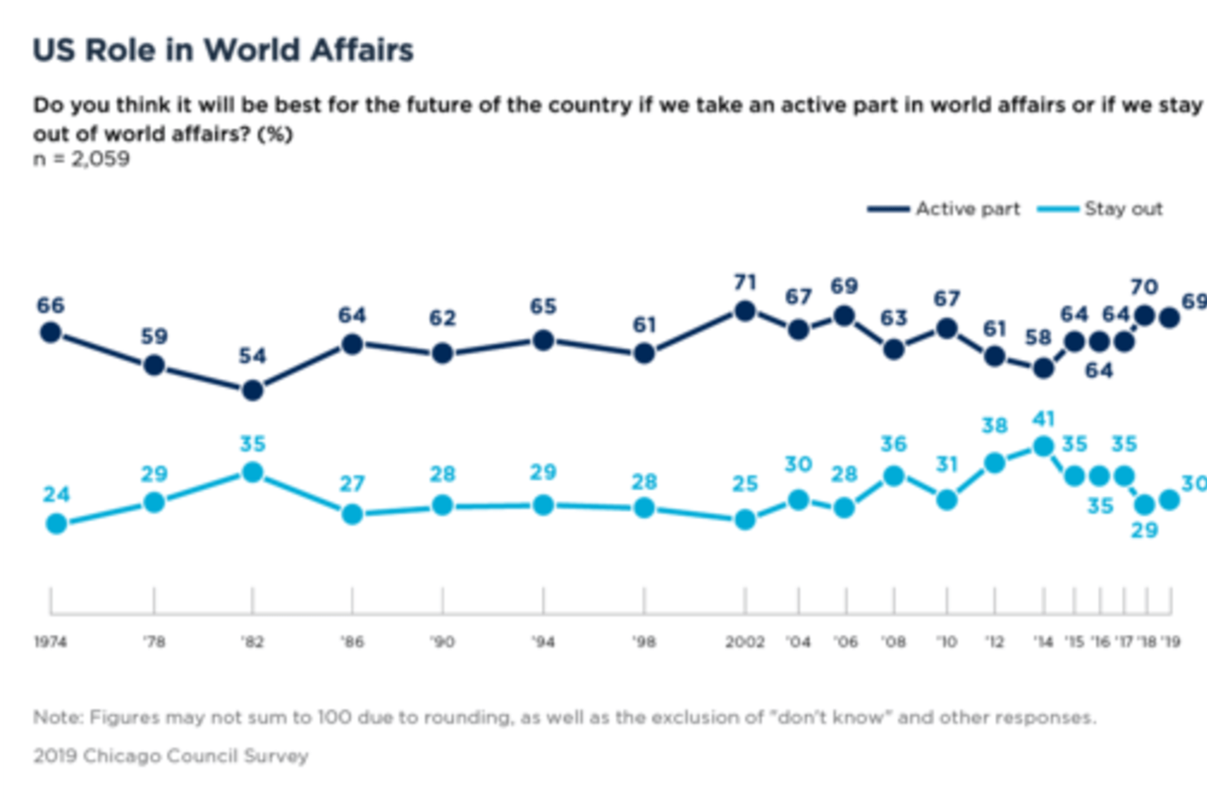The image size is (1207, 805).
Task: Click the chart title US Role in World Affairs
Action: coord(223,50)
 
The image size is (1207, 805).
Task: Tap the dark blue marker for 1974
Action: coord(51,332)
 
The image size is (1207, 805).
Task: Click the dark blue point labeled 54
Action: coord(253,391)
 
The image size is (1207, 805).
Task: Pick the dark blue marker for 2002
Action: coord(745,311)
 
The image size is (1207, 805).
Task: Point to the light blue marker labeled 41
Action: coord(1044,447)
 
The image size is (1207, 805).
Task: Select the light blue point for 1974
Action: coord(57,523)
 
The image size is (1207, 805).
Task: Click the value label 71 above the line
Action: coord(745,282)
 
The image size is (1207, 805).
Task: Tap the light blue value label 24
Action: coord(56,494)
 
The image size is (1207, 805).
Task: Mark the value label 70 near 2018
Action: coord(1144,287)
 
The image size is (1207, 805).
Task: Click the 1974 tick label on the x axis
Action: coord(50,642)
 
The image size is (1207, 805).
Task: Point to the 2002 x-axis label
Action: coord(745,642)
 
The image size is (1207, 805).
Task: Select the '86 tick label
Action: coord(352,642)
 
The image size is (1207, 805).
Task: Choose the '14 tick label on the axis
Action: coord(1044,642)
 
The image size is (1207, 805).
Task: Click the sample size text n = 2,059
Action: coord(82,159)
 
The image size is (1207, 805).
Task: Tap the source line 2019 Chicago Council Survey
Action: coord(171,755)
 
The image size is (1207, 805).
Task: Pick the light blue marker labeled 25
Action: coord(745,519)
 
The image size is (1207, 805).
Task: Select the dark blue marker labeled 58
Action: coord(1044,368)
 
